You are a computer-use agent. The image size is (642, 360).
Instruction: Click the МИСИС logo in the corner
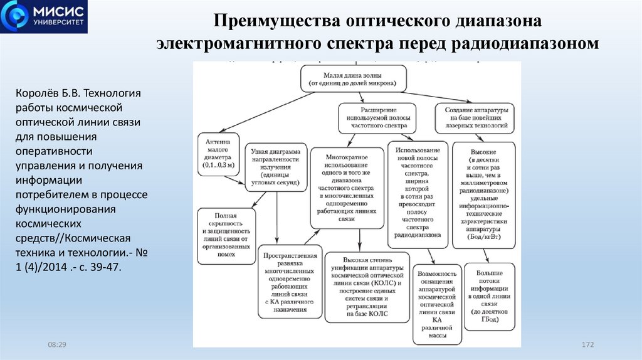(44, 17)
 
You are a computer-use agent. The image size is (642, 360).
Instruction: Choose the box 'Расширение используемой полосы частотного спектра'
(376, 117)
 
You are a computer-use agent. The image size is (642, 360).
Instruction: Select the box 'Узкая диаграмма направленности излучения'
(275, 167)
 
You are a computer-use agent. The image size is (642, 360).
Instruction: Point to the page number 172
(587, 346)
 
